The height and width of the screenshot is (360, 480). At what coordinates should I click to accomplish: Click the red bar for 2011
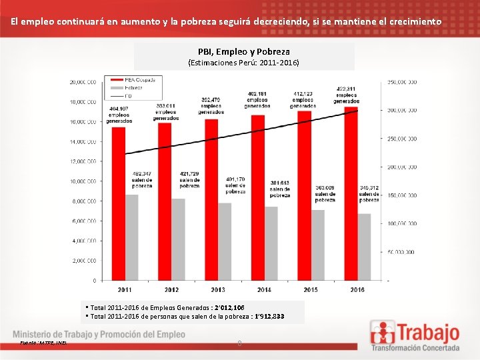click(118, 203)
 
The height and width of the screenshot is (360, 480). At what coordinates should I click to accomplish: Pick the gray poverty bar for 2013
click(225, 241)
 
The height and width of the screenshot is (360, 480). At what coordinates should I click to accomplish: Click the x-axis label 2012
click(171, 289)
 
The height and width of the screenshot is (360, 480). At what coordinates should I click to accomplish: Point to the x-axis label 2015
click(311, 289)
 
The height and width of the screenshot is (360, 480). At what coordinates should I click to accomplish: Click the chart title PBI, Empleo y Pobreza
click(243, 51)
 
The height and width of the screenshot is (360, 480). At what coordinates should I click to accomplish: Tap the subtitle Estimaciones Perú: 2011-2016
click(243, 63)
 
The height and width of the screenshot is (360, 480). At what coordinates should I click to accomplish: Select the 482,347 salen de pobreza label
click(141, 180)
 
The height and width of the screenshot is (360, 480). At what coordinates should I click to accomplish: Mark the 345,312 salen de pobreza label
click(369, 193)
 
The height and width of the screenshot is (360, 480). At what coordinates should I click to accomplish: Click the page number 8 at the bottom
click(239, 344)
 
